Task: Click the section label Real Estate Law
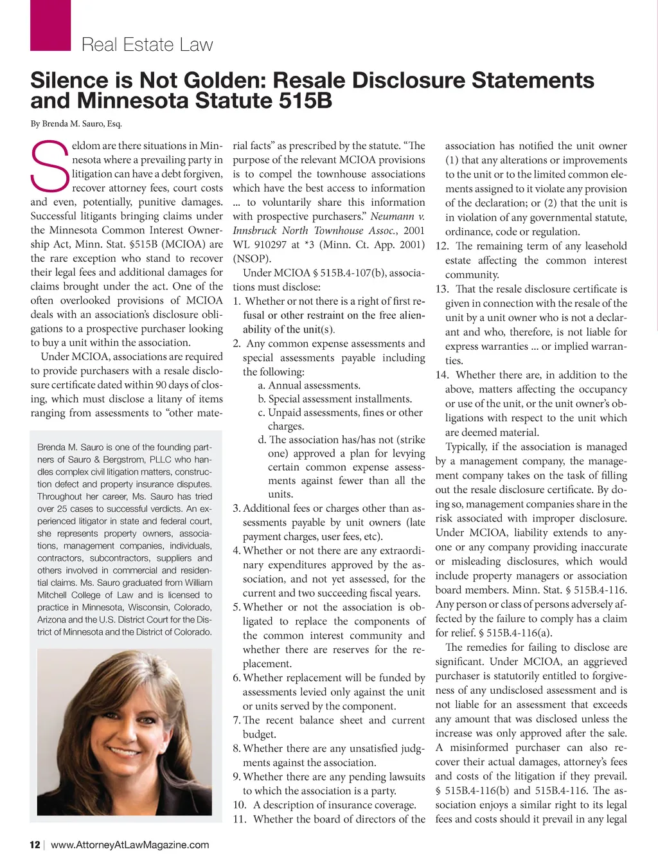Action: click(x=147, y=45)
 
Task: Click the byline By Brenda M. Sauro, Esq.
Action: click(x=76, y=124)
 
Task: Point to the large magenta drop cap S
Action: click(x=49, y=166)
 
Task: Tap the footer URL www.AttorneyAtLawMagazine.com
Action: click(x=130, y=845)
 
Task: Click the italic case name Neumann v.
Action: click(x=397, y=217)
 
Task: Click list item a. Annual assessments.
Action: click(x=309, y=386)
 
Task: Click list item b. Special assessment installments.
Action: click(x=335, y=399)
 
